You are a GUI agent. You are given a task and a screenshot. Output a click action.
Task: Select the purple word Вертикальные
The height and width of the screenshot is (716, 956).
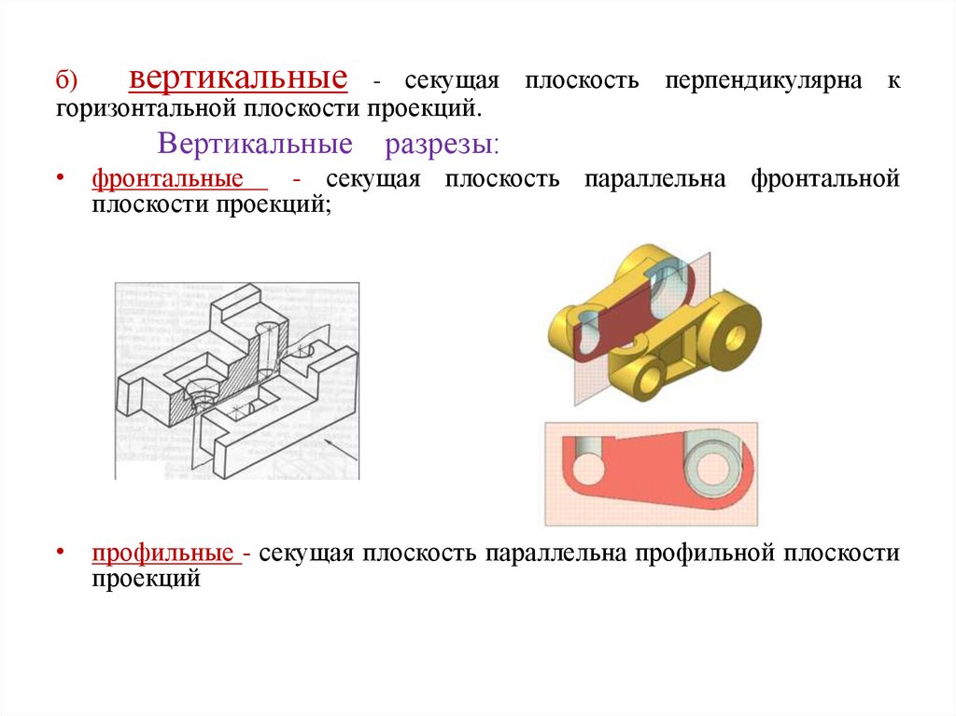coord(255,145)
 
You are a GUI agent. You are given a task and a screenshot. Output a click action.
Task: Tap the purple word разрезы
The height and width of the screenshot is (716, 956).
coord(440,145)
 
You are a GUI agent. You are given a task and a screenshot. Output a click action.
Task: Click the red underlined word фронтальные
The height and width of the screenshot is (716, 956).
coord(167,178)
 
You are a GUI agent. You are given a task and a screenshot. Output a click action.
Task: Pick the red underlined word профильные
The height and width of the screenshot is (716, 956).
coord(162,553)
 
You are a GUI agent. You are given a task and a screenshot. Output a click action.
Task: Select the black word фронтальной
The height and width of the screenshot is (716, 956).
coord(824,178)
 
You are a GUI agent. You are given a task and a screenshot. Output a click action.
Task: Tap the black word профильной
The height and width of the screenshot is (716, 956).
coord(706,553)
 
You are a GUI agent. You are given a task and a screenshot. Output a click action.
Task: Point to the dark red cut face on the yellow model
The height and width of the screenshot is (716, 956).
coord(624,317)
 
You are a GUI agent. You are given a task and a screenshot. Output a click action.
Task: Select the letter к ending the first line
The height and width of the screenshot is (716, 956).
coord(893,81)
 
